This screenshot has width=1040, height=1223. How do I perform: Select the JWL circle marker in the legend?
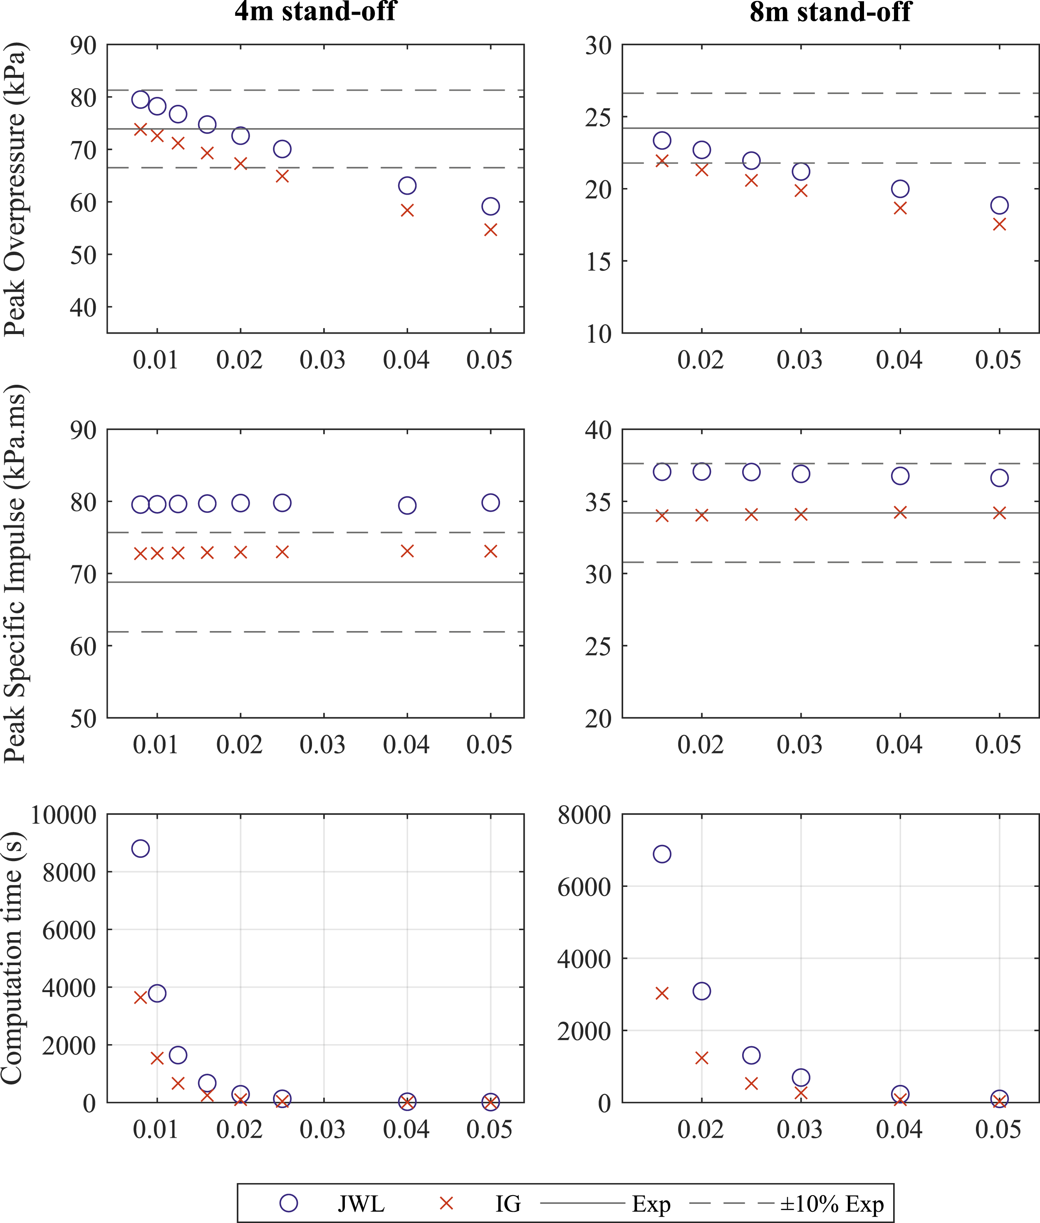click(288, 1203)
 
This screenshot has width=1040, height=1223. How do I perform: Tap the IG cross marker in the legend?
click(446, 1203)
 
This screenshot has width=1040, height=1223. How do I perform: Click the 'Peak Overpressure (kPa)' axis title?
click(15, 189)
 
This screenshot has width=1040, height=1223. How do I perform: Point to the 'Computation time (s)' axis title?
click(13, 958)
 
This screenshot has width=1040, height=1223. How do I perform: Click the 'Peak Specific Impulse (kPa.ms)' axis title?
click(15, 574)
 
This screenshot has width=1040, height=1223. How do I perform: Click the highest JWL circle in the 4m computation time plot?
click(140, 849)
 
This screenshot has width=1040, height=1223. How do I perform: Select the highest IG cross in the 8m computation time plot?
click(662, 993)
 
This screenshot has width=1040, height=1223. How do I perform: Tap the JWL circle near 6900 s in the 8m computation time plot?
click(662, 854)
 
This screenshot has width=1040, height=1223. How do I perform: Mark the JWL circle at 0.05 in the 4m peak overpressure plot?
click(490, 206)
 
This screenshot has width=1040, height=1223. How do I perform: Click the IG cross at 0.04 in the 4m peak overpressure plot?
click(407, 210)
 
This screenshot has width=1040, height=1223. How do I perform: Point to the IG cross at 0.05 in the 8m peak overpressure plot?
click(999, 225)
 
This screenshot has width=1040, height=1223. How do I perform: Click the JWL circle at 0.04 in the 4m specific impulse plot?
click(407, 505)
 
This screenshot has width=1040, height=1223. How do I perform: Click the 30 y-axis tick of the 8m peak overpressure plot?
click(598, 45)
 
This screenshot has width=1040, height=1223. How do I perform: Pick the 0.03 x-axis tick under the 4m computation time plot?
click(322, 1129)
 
